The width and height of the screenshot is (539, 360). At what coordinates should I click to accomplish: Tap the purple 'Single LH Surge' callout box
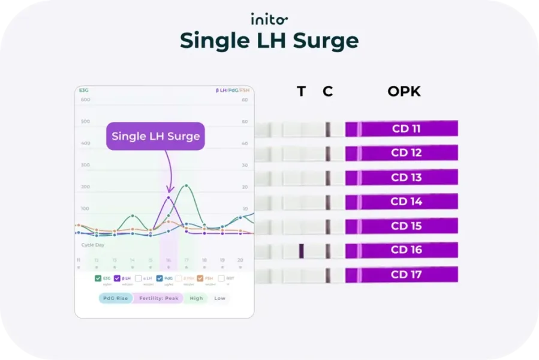[155, 136]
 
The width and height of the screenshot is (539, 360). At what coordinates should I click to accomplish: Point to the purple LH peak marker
[168, 197]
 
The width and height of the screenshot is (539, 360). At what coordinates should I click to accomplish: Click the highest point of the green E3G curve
[186, 185]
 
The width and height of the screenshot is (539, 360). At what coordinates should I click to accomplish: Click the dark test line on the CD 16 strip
[302, 251]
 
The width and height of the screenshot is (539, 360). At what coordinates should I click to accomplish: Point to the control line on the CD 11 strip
[328, 129]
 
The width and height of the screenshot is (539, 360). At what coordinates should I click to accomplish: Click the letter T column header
[301, 92]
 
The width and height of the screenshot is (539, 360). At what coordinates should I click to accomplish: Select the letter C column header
[327, 92]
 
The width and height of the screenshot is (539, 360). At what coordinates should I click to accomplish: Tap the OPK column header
[404, 92]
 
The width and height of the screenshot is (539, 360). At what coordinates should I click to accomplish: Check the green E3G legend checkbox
[98, 278]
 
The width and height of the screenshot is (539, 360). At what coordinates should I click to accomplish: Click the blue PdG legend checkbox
[159, 278]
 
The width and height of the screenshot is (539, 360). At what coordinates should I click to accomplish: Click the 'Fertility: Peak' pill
[158, 298]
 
